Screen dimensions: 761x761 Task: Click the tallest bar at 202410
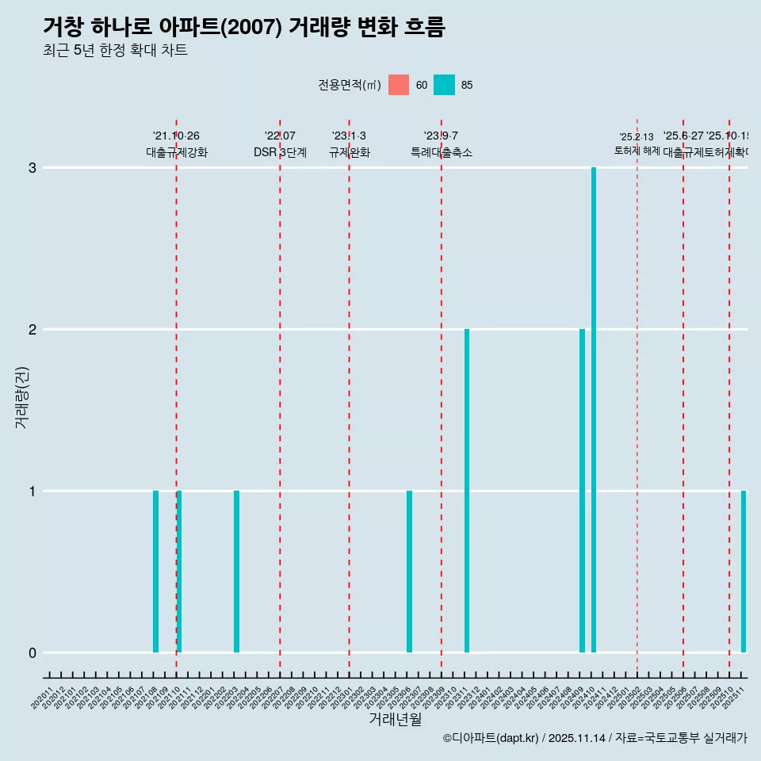594,410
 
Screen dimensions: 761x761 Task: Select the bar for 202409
582,491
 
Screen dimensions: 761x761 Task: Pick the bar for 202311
467,491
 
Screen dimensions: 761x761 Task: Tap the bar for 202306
409,572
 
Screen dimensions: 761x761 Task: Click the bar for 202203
236,572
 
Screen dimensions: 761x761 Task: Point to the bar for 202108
155,572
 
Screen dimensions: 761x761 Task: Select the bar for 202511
744,572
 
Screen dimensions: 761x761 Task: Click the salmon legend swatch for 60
399,85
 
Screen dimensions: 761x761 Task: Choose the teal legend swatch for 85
445,85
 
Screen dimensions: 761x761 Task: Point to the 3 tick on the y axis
33,168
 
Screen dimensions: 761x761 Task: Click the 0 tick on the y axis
33,653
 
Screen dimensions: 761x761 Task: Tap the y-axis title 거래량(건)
22,396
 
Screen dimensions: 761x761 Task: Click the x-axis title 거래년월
395,719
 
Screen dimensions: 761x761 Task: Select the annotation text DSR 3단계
280,152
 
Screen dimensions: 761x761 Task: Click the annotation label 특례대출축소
442,152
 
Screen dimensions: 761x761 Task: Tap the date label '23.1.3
349,136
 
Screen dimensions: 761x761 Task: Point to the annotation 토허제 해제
637,151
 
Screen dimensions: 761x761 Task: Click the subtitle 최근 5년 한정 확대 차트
115,51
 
